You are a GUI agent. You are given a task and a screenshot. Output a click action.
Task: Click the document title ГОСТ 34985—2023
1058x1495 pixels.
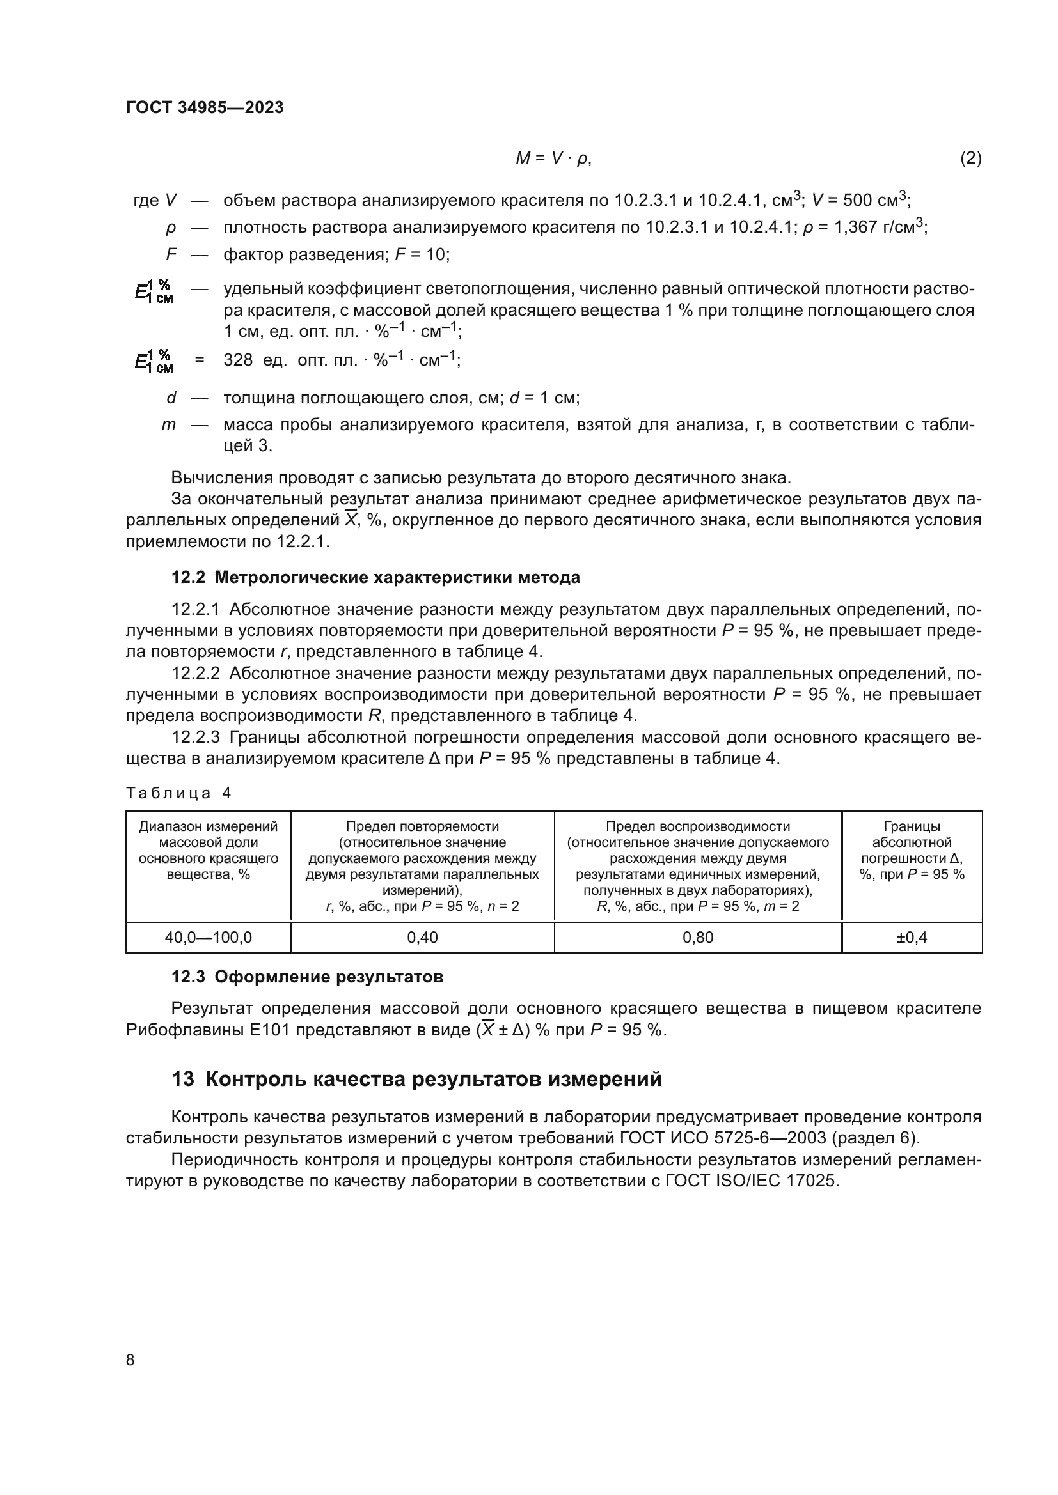coord(205,107)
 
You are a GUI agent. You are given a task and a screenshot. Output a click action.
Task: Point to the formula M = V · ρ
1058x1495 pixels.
coord(553,159)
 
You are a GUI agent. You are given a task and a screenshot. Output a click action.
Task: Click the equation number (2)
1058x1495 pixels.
coord(970,159)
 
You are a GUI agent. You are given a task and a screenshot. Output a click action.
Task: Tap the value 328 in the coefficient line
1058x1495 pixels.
coord(238,360)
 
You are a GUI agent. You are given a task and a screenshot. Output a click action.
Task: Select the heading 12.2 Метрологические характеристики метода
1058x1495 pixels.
coord(375,578)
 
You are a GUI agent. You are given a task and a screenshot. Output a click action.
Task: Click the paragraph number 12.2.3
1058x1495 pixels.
coord(196,737)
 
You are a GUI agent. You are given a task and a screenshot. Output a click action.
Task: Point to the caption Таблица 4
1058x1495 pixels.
coord(178,793)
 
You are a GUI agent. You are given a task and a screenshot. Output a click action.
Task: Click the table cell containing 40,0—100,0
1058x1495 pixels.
coord(209,938)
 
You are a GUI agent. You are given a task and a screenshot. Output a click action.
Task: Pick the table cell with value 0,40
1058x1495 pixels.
coord(422,938)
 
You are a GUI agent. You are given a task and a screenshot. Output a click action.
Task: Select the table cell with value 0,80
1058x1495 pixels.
coord(698,938)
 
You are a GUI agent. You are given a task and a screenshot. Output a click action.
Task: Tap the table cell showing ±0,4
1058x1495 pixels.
coord(912,938)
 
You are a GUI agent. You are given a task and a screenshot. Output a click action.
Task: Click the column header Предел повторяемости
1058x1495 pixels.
coord(422,826)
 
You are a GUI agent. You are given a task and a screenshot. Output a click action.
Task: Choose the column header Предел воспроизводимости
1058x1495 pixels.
coord(698,826)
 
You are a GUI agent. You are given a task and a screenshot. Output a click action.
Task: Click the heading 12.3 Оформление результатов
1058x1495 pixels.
coord(307,977)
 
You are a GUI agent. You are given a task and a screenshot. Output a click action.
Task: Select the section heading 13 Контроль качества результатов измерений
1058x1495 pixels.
coord(416,1080)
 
